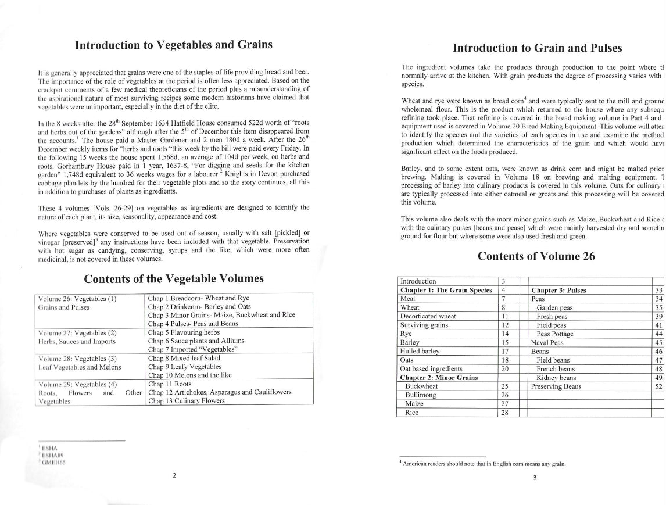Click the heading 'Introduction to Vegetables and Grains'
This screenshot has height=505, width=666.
tap(174, 45)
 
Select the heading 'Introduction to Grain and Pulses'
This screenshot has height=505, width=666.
tap(537, 48)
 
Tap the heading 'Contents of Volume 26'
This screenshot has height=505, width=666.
tap(536, 256)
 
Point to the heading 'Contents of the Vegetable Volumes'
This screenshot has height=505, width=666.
tap(174, 278)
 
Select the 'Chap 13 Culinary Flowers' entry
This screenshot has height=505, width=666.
tap(186, 400)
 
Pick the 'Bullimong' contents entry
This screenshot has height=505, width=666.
tap(421, 395)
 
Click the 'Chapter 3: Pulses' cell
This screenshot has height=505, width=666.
tap(558, 290)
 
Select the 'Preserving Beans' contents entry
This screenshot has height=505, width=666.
tap(556, 386)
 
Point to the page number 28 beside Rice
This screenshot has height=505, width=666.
tap(504, 413)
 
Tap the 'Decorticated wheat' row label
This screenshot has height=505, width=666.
tap(428, 316)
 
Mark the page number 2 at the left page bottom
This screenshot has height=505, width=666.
tap(173, 475)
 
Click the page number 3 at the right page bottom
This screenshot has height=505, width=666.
tap(535, 478)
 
